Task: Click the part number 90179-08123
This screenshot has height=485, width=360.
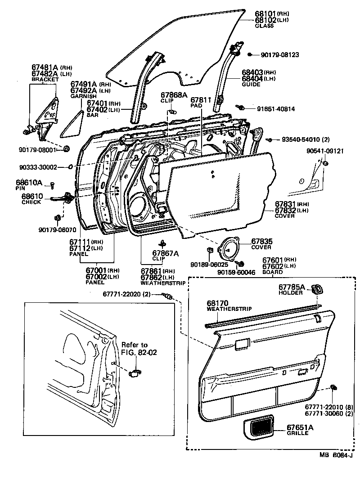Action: click(279, 55)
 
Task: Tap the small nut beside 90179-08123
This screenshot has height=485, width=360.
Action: click(250, 55)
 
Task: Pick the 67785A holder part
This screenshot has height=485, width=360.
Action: click(317, 289)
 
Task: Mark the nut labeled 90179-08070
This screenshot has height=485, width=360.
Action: click(57, 218)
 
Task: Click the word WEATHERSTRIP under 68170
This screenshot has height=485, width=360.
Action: click(229, 309)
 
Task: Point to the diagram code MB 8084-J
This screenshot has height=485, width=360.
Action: click(336, 455)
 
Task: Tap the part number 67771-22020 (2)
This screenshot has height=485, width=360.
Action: click(127, 294)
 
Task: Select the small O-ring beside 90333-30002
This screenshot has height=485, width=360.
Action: click(70, 167)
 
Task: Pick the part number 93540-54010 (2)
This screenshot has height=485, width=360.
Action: click(306, 139)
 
